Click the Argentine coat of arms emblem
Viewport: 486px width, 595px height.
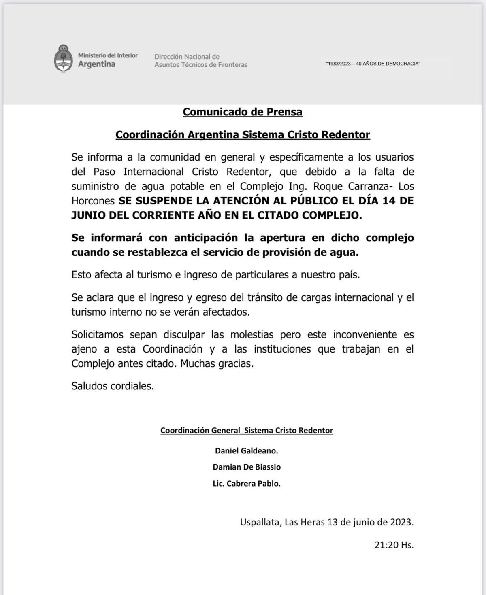pos(63,59)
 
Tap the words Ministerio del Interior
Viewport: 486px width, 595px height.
pos(108,55)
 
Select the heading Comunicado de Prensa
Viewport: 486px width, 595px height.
pos(243,112)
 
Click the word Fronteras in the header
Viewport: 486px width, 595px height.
pos(233,65)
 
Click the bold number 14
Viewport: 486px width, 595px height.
pos(389,201)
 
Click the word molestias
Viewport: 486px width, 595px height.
pos(253,335)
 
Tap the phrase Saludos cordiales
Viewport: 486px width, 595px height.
pos(113,386)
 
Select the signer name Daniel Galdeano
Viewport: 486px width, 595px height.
pos(246,450)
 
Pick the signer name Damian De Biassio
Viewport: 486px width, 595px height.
pos(246,467)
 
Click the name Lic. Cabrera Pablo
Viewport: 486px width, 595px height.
pos(246,484)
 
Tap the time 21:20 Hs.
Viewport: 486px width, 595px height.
pos(394,545)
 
